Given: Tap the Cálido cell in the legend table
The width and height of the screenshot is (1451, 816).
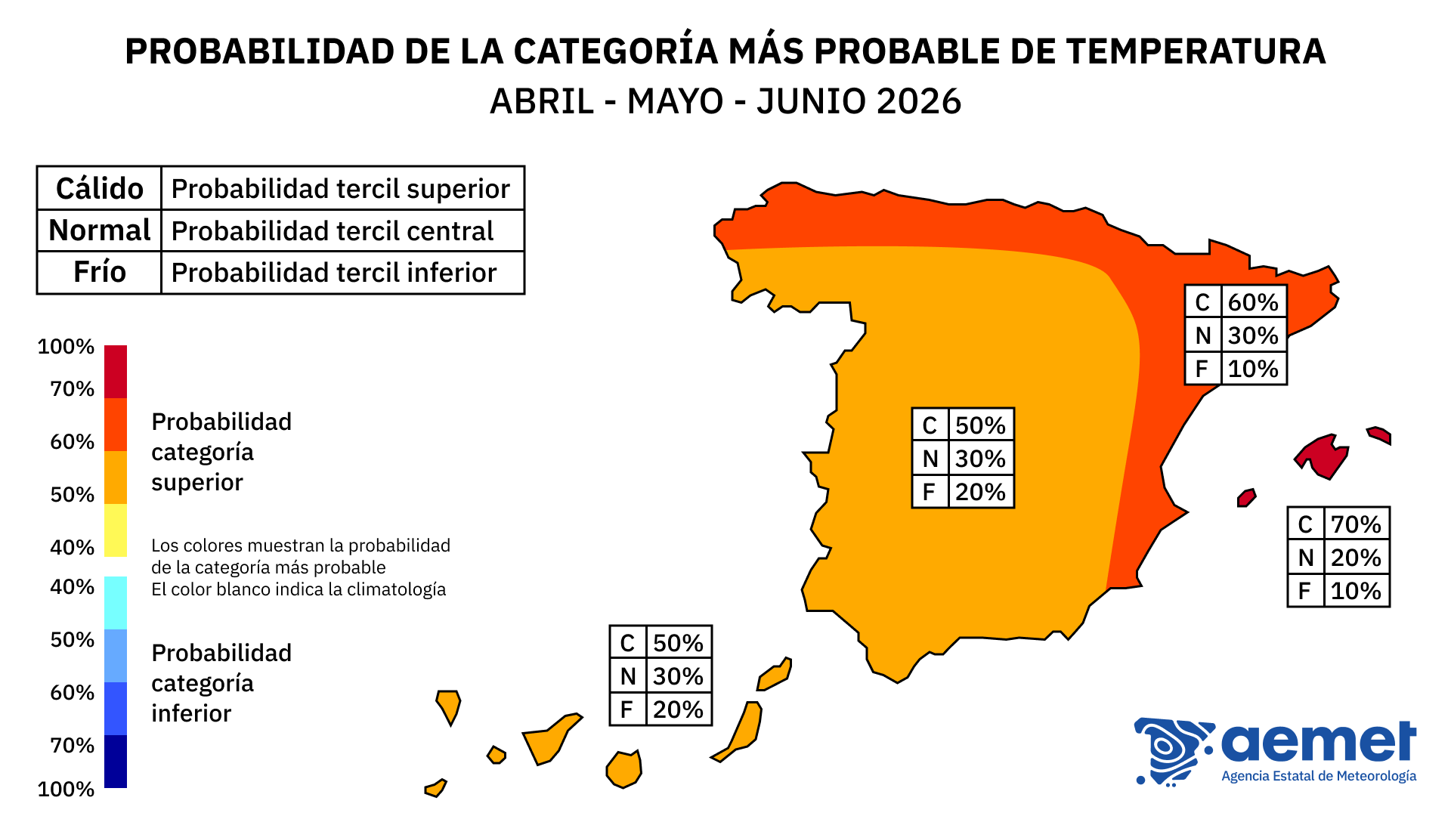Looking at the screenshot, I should tap(99, 188).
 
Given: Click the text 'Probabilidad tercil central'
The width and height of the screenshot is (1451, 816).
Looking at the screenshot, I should tap(333, 230).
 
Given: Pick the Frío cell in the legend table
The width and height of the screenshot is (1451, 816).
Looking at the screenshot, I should tap(99, 272).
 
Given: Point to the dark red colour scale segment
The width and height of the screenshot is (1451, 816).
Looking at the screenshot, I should tap(116, 371).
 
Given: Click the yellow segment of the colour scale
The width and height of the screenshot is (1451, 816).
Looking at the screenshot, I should tap(116, 530).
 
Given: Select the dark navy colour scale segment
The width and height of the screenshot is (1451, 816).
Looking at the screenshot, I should tap(116, 761).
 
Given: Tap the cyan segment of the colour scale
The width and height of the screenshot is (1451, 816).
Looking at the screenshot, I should tap(116, 602).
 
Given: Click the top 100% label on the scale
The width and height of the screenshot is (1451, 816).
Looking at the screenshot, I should tap(66, 347).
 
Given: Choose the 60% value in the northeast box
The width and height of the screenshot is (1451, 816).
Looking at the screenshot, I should tap(1252, 302).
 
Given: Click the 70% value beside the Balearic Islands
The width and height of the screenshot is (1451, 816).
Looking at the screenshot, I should tap(1356, 524).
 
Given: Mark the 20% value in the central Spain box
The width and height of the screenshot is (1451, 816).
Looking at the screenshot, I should tap(980, 492).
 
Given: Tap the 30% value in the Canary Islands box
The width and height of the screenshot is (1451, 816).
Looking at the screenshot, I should tap(678, 676).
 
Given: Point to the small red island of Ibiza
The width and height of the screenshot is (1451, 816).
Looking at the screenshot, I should tap(1246, 497).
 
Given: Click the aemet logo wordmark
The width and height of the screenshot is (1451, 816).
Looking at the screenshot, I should tap(1319, 743).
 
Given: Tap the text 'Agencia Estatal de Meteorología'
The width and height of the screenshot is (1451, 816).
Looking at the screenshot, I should tap(1319, 776).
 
